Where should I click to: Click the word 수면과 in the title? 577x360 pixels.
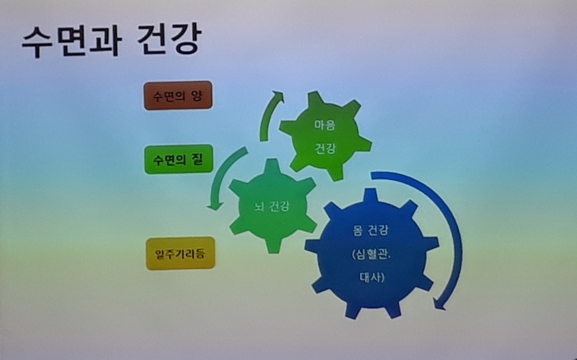coord(71,40)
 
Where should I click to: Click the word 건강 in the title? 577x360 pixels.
coord(170,39)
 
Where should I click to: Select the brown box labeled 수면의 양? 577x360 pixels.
coord(178,96)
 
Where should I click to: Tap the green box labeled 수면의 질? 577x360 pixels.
coord(179,159)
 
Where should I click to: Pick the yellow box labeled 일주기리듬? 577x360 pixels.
coord(180,253)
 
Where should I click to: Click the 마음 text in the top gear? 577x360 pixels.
coord(325,125)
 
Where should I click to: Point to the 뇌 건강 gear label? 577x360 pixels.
coord(271,206)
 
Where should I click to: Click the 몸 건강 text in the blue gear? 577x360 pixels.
coord(370,231)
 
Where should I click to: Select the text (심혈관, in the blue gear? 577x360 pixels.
coord(371,255)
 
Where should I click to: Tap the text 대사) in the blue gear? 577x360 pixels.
coord(372,277)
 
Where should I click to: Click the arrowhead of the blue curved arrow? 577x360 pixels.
coord(439,304)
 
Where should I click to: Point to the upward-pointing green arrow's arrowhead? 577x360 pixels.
coord(277,96)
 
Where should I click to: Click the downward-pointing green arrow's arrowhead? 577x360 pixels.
coord(215,205)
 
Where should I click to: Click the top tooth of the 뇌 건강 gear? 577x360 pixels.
coord(272,165)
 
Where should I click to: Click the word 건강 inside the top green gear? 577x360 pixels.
coord(325,149)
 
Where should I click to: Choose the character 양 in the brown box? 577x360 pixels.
coord(196,96)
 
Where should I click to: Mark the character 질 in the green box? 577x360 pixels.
coord(197,159)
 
